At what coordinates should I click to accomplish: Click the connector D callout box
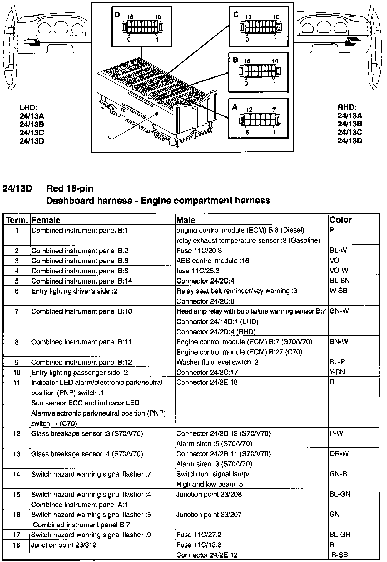pyautogui.click(x=142, y=26)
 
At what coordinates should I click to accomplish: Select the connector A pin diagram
pyautogui.click(x=260, y=119)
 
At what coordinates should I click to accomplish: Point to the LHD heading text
pyautogui.click(x=28, y=107)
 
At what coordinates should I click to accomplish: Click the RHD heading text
pyautogui.click(x=347, y=107)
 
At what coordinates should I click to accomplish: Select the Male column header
pyautogui.click(x=186, y=220)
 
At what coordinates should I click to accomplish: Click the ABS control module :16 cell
pyautogui.click(x=213, y=261)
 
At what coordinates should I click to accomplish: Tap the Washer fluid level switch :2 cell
pyautogui.click(x=217, y=362)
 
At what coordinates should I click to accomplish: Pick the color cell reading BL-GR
pyautogui.click(x=340, y=534)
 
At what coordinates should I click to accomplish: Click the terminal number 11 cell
pyautogui.click(x=17, y=382)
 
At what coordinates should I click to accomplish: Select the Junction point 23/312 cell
pyautogui.click(x=64, y=545)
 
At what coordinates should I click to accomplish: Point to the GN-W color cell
pyautogui.click(x=339, y=311)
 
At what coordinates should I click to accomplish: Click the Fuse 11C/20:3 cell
pyautogui.click(x=199, y=250)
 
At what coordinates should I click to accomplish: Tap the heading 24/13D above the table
pyautogui.click(x=17, y=189)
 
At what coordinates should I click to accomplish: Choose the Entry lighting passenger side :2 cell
pyautogui.click(x=80, y=372)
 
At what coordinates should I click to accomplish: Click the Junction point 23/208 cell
pyautogui.click(x=209, y=494)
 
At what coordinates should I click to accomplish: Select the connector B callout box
pyautogui.click(x=258, y=72)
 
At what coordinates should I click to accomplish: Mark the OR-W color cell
pyautogui.click(x=339, y=454)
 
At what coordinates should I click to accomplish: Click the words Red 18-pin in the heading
pyautogui.click(x=70, y=189)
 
